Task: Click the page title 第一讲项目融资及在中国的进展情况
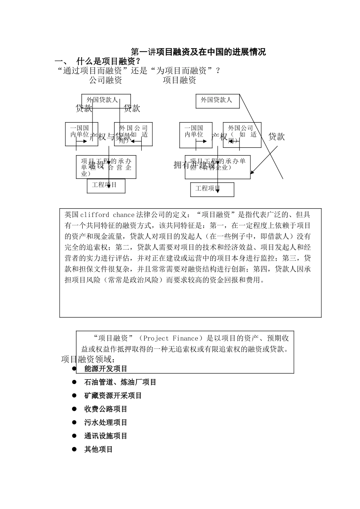198,52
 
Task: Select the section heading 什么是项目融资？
108,61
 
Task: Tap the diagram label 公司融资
106,80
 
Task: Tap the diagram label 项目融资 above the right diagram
180,80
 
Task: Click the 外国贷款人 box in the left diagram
106,100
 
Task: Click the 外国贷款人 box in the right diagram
218,101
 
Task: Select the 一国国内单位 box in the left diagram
81,134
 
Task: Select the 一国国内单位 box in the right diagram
196,134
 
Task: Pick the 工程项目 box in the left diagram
106,186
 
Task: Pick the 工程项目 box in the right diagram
212,189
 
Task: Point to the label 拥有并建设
194,165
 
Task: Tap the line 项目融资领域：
88,359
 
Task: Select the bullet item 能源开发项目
106,368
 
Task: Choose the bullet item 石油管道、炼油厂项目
120,382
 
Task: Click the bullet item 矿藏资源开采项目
113,396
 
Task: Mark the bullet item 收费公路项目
106,409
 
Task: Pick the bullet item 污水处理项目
106,422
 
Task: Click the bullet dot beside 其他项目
75,449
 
